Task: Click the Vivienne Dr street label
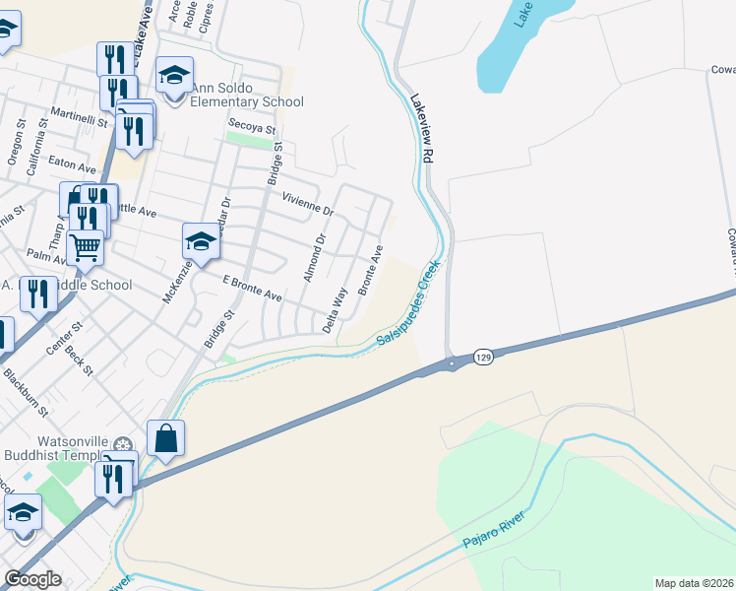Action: (x=308, y=204)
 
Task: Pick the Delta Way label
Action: (x=336, y=308)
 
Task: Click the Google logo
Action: (x=32, y=579)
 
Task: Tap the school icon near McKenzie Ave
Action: (x=200, y=242)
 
